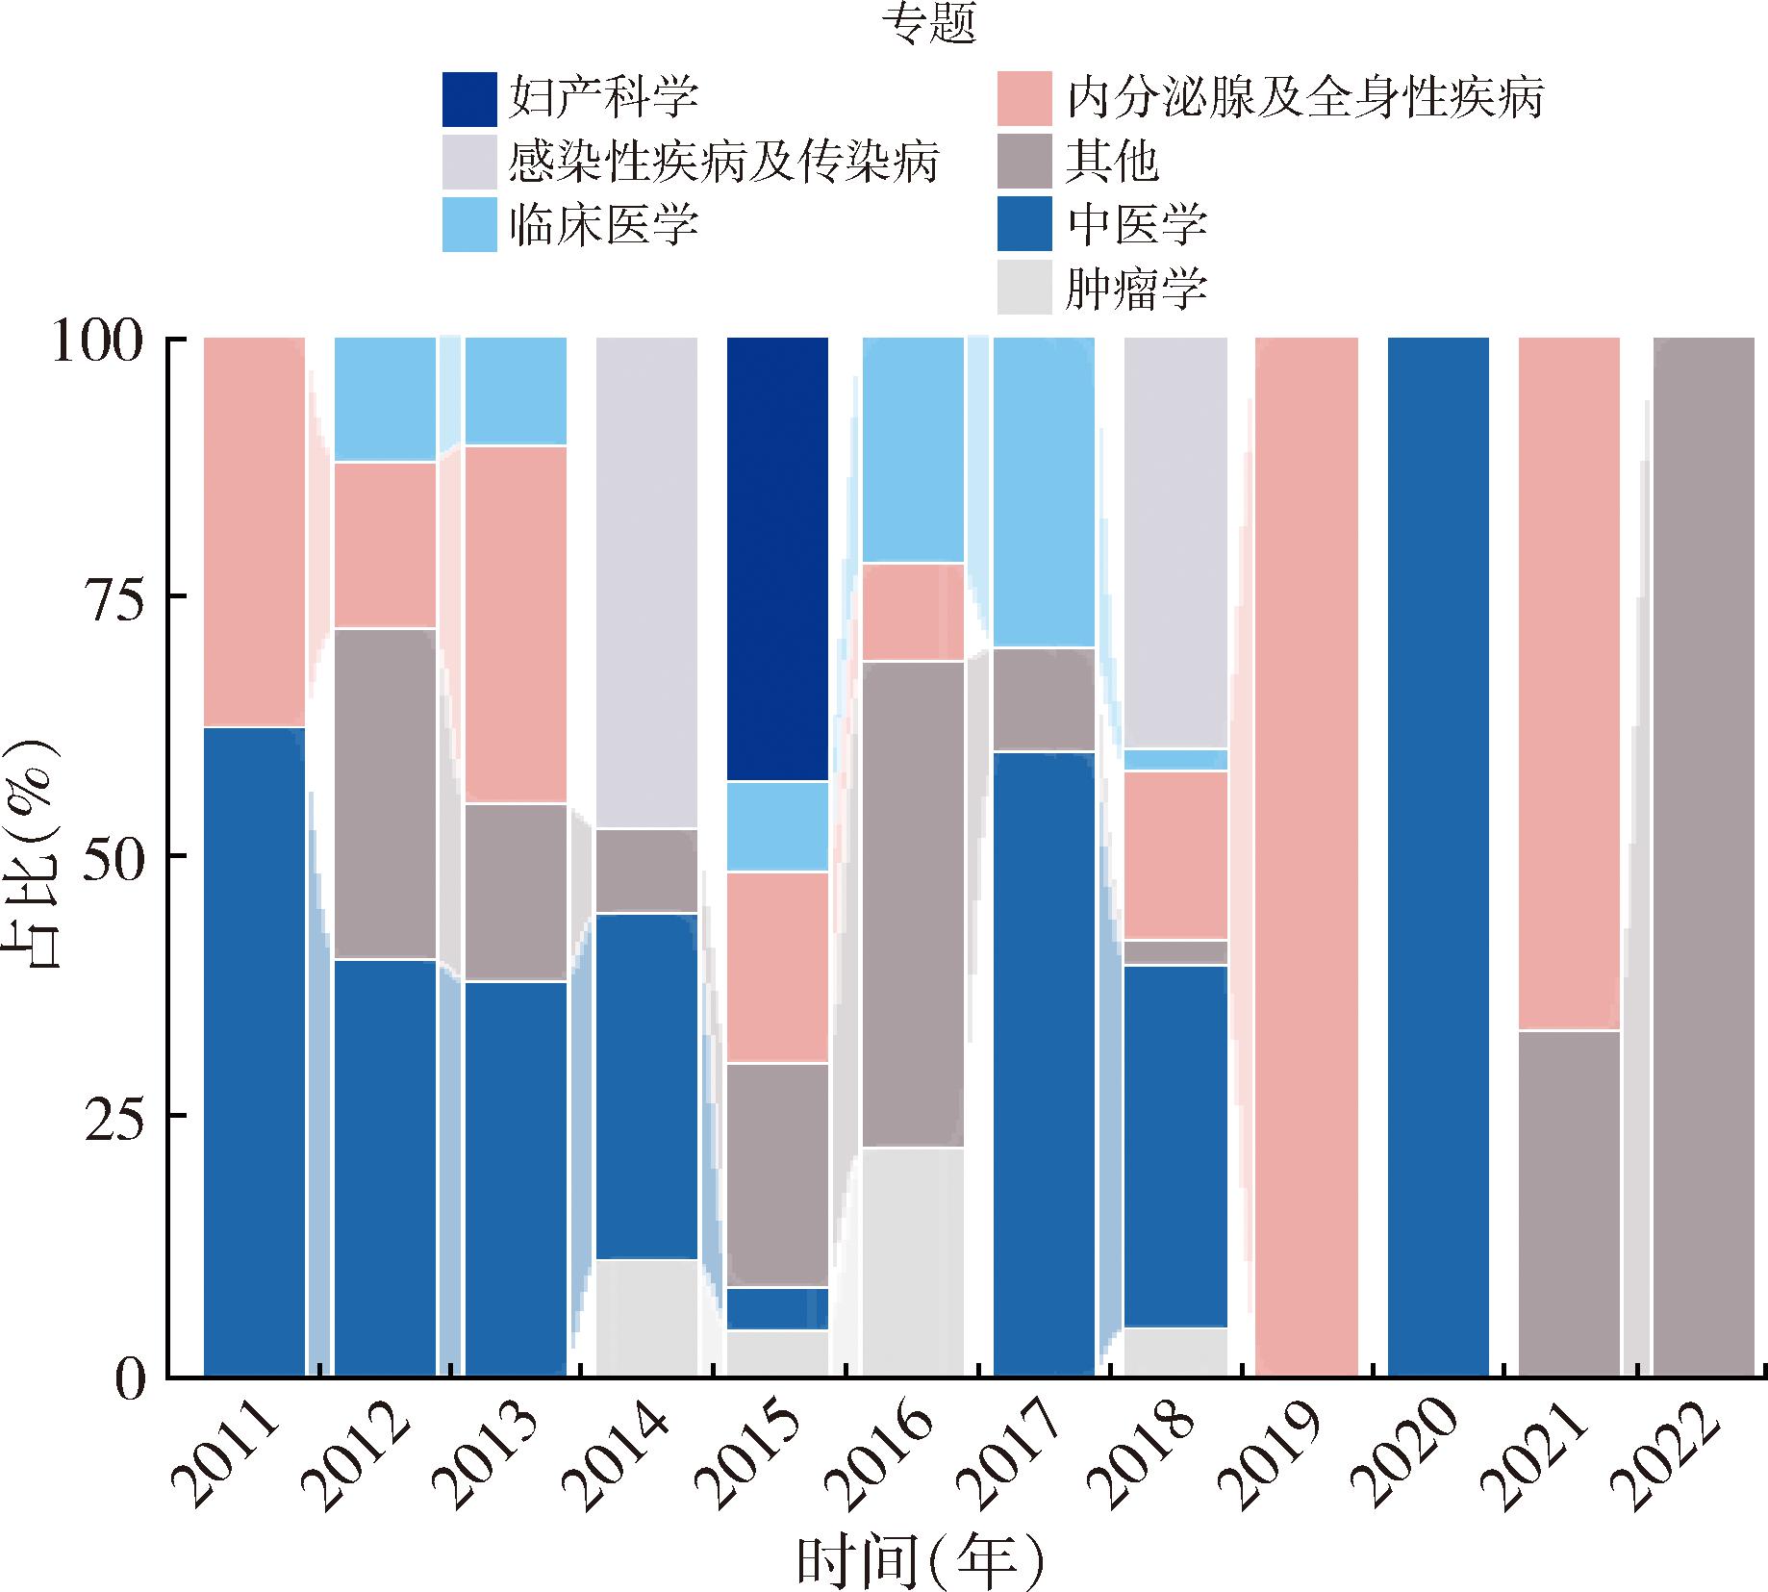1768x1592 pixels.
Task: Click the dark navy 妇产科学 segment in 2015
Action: click(777, 558)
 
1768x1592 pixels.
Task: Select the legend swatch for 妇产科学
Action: click(469, 99)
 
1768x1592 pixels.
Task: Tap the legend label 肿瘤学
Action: click(1136, 289)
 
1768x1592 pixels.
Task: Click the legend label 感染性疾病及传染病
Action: click(723, 162)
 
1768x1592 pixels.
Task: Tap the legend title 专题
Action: click(929, 26)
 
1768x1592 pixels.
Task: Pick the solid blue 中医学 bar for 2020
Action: click(1438, 856)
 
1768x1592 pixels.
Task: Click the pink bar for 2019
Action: click(1306, 856)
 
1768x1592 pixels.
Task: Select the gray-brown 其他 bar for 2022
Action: click(1704, 856)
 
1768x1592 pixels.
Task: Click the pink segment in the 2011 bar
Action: click(255, 532)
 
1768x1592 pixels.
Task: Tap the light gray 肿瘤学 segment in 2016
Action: click(912, 1261)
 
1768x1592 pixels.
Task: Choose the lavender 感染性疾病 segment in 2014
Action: click(646, 582)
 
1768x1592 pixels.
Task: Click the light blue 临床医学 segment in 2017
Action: click(1044, 492)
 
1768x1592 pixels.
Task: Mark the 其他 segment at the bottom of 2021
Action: click(1569, 1202)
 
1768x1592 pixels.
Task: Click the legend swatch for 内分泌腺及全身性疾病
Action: click(1024, 99)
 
